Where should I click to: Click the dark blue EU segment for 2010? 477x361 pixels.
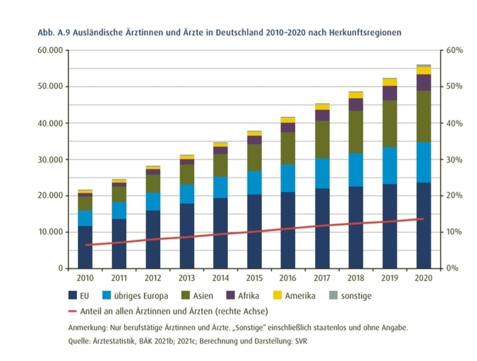pyautogui.click(x=85, y=247)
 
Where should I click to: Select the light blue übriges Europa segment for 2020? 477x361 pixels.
pyautogui.click(x=424, y=162)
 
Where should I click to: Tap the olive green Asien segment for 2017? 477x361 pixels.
pyautogui.click(x=322, y=140)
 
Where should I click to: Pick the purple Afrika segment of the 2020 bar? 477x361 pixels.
pyautogui.click(x=424, y=83)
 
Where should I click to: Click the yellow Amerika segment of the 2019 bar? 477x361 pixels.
pyautogui.click(x=390, y=82)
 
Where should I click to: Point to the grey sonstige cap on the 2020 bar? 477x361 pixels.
pyautogui.click(x=424, y=65)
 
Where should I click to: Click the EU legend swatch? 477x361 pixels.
pyautogui.click(x=73, y=296)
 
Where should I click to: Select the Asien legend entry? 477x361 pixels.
pyautogui.click(x=197, y=296)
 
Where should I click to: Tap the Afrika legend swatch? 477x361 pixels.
pyautogui.click(x=230, y=296)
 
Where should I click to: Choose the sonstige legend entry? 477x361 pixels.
pyautogui.click(x=351, y=296)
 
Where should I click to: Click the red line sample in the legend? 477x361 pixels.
pyautogui.click(x=72, y=311)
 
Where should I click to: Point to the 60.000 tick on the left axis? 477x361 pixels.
pyautogui.click(x=50, y=50)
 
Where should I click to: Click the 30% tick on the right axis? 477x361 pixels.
pyautogui.click(x=454, y=160)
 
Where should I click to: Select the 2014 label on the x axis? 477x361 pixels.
pyautogui.click(x=220, y=278)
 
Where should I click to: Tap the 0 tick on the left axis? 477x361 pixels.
pyautogui.click(x=60, y=268)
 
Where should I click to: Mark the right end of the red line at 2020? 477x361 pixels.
pyautogui.click(x=423, y=219)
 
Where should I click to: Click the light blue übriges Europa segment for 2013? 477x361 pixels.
pyautogui.click(x=187, y=194)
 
